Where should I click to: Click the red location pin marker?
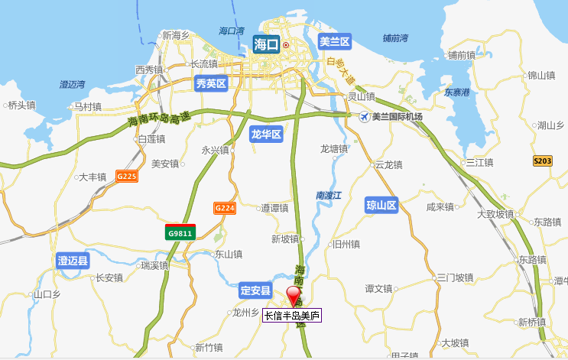[x=294, y=296]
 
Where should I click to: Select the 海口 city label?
[x=266, y=45]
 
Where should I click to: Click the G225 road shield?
[x=127, y=176]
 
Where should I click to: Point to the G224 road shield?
[x=224, y=208]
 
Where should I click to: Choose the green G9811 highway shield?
[x=181, y=232]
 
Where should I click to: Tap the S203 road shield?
[x=543, y=161]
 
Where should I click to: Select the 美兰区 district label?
[x=334, y=41]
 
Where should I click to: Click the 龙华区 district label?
[x=266, y=135]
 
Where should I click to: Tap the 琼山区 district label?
[x=382, y=205]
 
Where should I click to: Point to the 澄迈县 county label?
[x=73, y=261]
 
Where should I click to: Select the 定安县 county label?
[x=256, y=290]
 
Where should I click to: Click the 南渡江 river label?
[x=329, y=196]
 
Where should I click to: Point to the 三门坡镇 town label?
[x=456, y=277]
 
